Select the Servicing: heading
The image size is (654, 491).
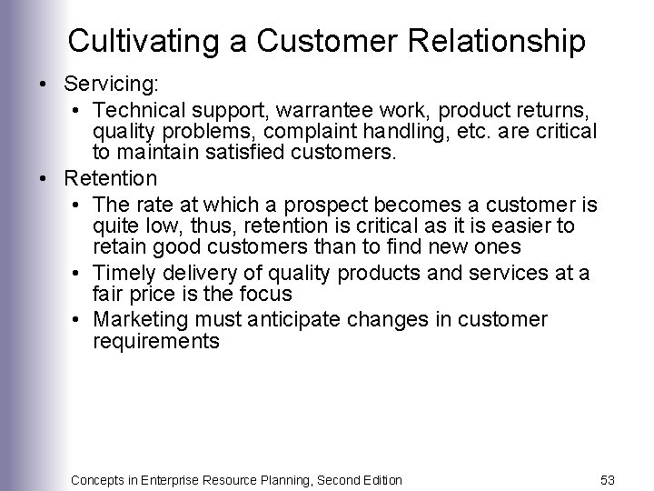click(x=112, y=85)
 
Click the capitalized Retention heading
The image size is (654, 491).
click(x=111, y=177)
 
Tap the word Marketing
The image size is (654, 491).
click(x=139, y=319)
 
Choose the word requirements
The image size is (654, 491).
click(x=155, y=341)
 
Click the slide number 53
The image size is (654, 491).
click(x=608, y=479)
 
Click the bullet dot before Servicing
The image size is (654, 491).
click(x=44, y=85)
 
